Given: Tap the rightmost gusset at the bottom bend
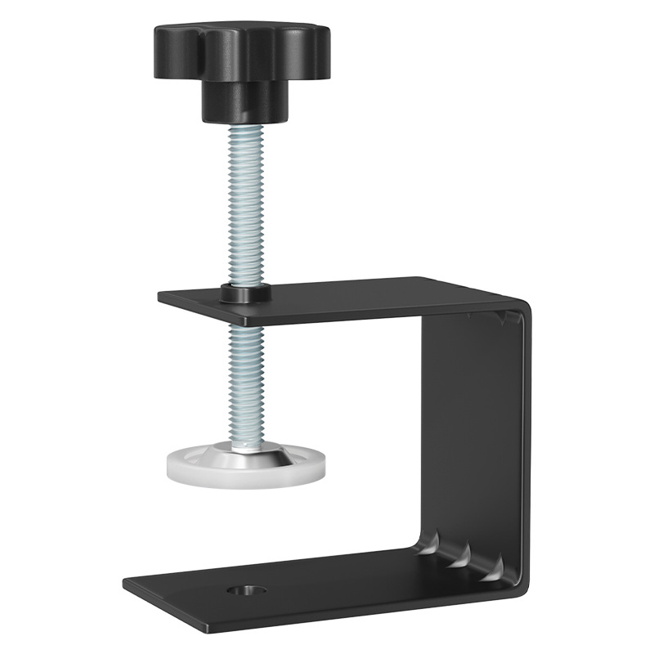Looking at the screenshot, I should click(491, 572).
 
